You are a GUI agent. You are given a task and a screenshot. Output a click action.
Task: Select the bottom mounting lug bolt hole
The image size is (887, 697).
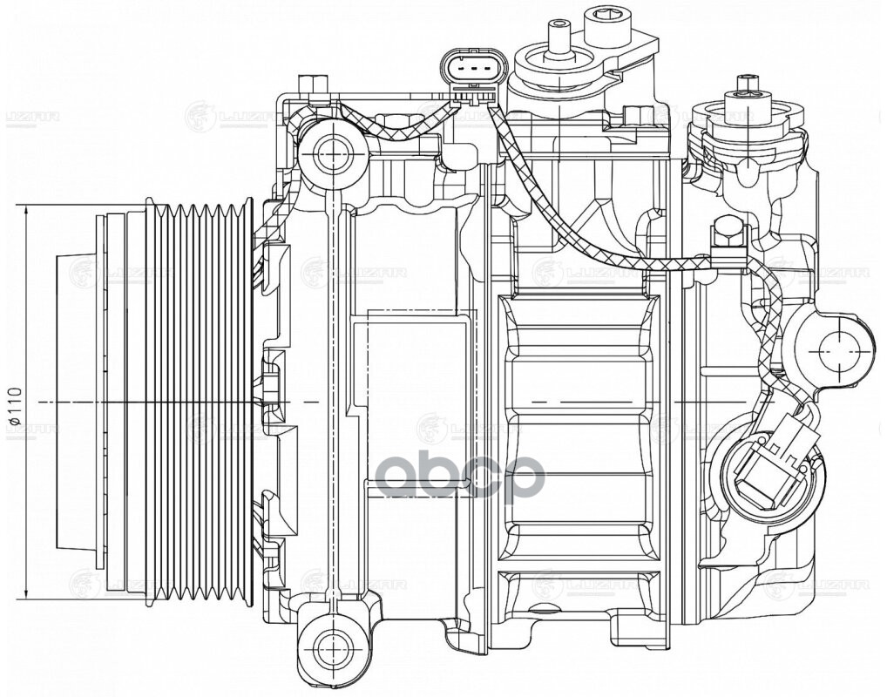(330, 646)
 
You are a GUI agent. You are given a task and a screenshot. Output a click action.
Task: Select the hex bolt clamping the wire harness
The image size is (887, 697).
(727, 235)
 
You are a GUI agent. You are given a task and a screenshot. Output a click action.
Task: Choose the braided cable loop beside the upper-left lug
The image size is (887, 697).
(383, 131)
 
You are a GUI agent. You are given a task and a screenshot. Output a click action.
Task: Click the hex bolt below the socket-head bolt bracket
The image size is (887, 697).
(638, 115)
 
